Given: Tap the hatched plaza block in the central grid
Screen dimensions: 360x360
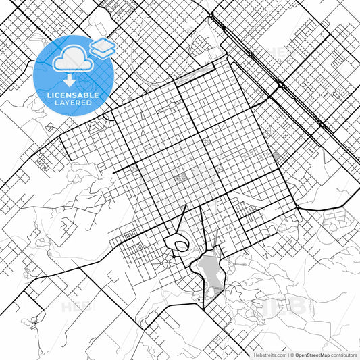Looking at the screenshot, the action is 181,178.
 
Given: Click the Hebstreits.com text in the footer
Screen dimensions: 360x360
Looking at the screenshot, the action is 269,354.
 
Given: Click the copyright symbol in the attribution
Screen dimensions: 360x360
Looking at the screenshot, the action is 292,354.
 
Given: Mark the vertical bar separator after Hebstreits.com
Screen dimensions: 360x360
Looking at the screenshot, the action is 287,354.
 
